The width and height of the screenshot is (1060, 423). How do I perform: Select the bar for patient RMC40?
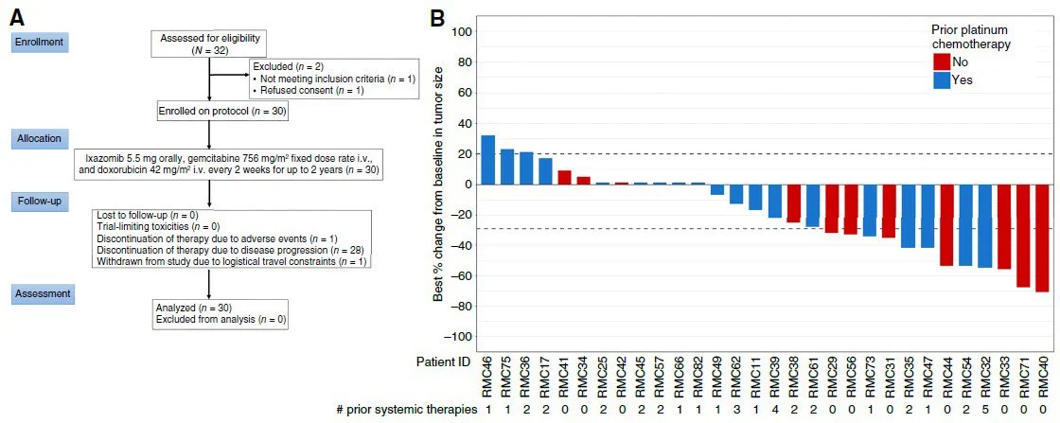[1041, 238]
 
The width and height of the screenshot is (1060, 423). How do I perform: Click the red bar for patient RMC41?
[564, 177]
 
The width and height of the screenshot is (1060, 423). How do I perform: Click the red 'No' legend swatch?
[941, 62]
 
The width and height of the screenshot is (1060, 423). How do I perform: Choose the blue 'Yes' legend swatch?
[941, 80]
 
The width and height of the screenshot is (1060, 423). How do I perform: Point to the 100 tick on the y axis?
[460, 31]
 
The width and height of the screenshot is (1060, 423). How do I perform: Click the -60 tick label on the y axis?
[460, 275]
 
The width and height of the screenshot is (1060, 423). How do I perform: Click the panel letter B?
[439, 16]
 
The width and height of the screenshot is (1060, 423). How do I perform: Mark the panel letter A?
[16, 16]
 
